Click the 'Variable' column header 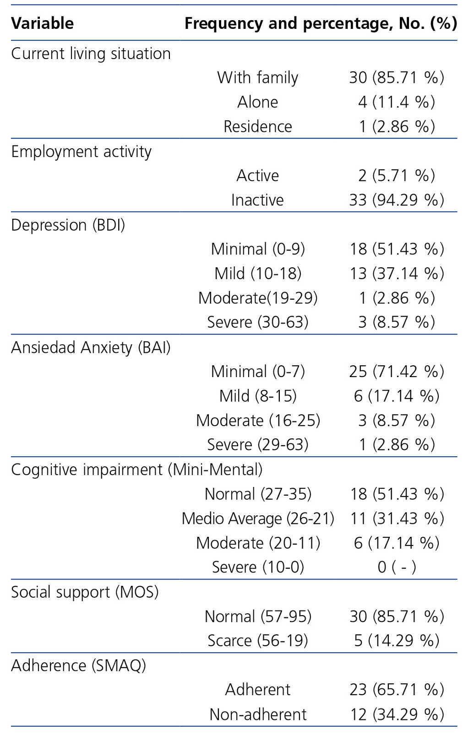42,23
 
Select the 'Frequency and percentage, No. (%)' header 321,23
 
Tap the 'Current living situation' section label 91,54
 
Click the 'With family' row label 257,78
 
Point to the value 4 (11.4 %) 396,102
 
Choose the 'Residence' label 257,127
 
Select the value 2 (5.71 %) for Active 396,176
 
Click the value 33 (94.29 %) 396,200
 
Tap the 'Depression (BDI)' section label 68,225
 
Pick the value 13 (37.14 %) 396,274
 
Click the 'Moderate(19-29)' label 257,298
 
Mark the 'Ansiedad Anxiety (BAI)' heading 91,348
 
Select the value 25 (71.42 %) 396,372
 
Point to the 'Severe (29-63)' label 257,445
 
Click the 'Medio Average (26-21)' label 257,519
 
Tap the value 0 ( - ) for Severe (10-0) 396,567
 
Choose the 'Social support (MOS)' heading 85,592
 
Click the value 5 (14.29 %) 396,641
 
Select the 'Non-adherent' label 257,714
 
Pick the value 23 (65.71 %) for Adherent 396,690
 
